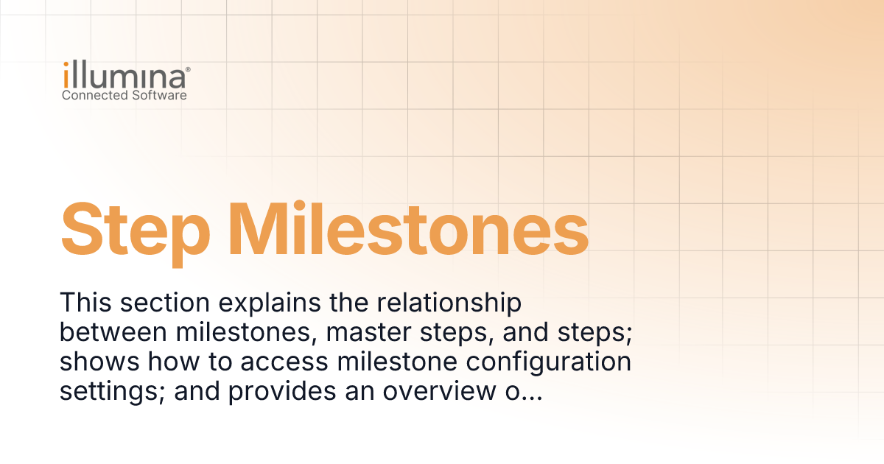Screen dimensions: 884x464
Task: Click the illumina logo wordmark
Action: click(x=124, y=75)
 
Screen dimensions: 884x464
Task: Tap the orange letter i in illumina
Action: click(x=66, y=75)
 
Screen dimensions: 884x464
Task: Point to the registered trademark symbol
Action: click(x=188, y=69)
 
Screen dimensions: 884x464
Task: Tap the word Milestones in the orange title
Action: click(x=408, y=229)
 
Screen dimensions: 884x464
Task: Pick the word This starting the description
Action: click(x=85, y=303)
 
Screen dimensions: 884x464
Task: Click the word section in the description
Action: click(x=165, y=303)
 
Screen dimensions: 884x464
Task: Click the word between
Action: click(x=113, y=332)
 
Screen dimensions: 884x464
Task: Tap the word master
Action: click(x=368, y=333)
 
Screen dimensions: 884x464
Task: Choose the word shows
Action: click(x=99, y=362)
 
